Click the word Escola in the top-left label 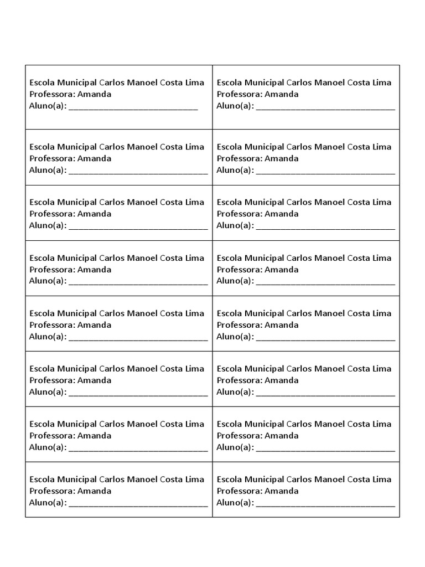42,83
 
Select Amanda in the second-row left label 94,158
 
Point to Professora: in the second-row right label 239,158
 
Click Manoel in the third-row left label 142,202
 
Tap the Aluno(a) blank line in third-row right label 325,228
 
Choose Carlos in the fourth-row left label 112,258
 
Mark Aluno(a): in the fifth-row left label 48,337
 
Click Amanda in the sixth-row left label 94,380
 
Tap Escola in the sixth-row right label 230,369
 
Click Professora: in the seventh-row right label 239,436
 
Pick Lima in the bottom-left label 195,480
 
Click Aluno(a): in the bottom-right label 235,503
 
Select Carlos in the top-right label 299,83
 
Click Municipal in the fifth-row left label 77,313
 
